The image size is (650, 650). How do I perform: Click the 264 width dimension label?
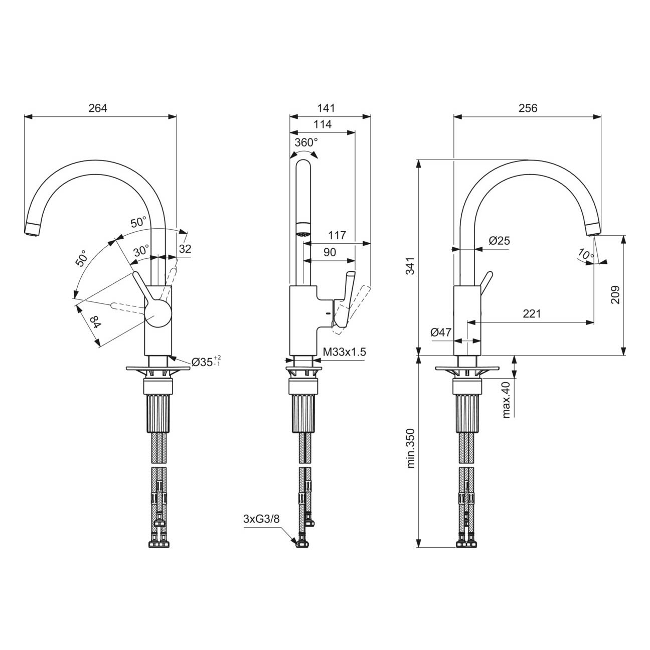[x=98, y=108]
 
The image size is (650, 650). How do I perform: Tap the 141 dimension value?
[x=326, y=108]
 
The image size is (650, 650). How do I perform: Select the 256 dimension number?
[x=528, y=108]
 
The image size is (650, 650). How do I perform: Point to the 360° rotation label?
[x=306, y=142]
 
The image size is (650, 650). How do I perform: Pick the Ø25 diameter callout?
[x=499, y=241]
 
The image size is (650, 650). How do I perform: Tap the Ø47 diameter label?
[x=441, y=332]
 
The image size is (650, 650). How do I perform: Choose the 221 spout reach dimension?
[x=532, y=313]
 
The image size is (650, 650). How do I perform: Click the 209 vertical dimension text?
[x=615, y=294]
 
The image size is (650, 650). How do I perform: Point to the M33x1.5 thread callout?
[x=345, y=352]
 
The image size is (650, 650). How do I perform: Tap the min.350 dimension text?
[x=410, y=448]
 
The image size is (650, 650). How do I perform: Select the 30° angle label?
[x=141, y=251]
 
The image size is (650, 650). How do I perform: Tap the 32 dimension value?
[x=185, y=249]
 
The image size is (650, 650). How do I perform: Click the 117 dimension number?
[x=338, y=235]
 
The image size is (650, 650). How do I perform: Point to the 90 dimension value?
[x=330, y=252]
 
